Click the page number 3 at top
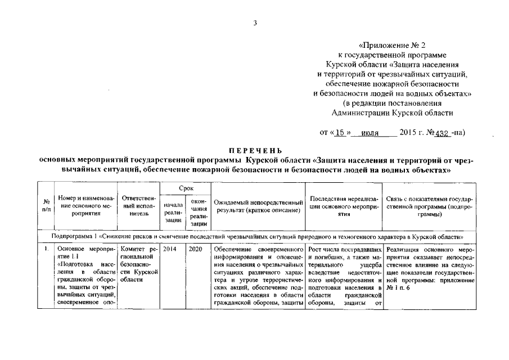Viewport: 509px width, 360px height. click(x=255, y=23)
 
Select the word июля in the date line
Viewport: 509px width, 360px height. click(x=370, y=134)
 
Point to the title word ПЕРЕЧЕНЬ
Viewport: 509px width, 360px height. click(x=255, y=151)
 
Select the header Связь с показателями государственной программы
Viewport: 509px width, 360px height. click(x=429, y=206)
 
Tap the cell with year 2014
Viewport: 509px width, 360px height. click(x=169, y=249)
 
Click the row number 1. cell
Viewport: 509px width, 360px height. click(x=45, y=249)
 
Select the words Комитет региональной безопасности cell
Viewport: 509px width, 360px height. click(x=138, y=264)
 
